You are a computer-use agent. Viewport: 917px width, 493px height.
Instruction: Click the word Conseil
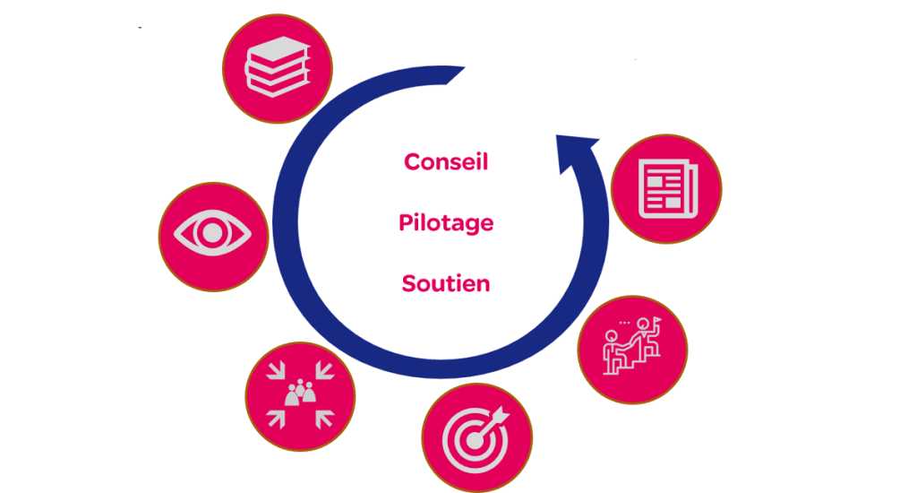tap(446, 162)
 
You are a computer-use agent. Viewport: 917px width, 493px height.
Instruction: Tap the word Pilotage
tap(446, 223)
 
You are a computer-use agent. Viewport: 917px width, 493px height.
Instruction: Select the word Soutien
tap(446, 284)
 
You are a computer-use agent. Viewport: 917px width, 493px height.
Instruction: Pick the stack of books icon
tap(277, 68)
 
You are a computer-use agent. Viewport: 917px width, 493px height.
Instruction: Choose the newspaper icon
tap(666, 188)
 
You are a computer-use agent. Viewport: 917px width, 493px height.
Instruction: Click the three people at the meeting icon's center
tap(300, 393)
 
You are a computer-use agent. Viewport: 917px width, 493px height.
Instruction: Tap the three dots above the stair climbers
tap(624, 322)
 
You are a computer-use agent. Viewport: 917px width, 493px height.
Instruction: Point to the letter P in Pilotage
tap(406, 223)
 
